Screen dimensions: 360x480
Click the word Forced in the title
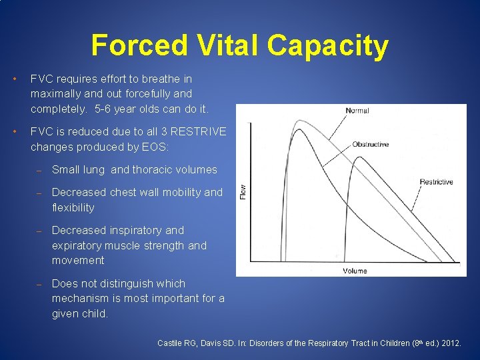[x=130, y=45]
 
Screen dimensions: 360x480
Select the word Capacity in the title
[x=328, y=45]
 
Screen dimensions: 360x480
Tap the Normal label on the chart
[x=357, y=111]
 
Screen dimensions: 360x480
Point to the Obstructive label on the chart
[x=370, y=144]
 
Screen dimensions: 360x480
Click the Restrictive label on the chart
[x=436, y=182]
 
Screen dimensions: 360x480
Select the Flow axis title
[x=243, y=191]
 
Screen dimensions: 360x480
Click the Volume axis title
[x=355, y=271]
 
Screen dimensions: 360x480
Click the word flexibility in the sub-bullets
[x=73, y=207]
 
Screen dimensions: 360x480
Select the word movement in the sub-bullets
[x=78, y=260]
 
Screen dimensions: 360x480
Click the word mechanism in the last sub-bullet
[x=82, y=298]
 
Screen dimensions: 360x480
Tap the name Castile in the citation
[x=170, y=343]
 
